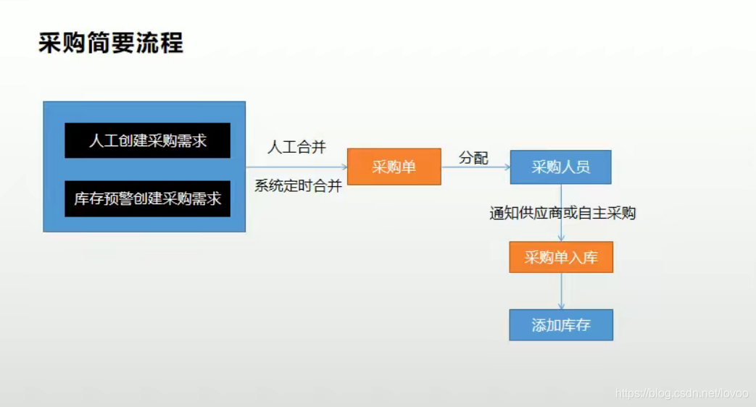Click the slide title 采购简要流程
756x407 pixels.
(111, 43)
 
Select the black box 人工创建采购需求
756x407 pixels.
(147, 140)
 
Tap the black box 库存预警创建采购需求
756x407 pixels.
(147, 198)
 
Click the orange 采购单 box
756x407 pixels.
(394, 167)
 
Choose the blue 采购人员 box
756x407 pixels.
(560, 167)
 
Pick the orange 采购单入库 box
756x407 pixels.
(560, 257)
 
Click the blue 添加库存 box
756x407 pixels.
(560, 325)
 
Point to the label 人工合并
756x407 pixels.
(296, 148)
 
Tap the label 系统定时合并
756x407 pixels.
(298, 185)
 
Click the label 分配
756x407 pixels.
(473, 158)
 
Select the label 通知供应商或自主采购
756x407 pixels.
(562, 213)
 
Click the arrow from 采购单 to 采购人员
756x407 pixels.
(475, 167)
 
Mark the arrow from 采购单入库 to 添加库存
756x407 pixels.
(561, 291)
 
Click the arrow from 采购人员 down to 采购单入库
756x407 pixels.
(561, 228)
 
